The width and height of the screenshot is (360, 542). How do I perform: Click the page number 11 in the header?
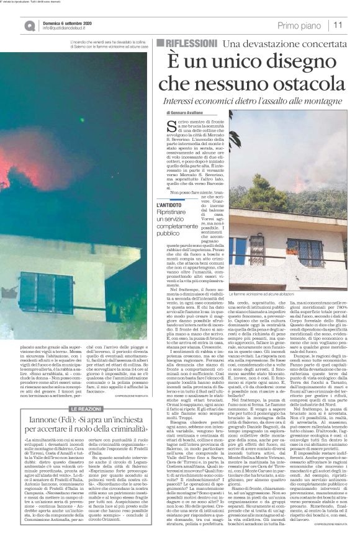pyautogui.click(x=338, y=25)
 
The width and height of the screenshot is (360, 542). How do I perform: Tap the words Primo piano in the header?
pyautogui.click(x=299, y=25)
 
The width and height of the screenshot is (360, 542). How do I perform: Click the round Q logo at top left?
pyautogui.click(x=30, y=25)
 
